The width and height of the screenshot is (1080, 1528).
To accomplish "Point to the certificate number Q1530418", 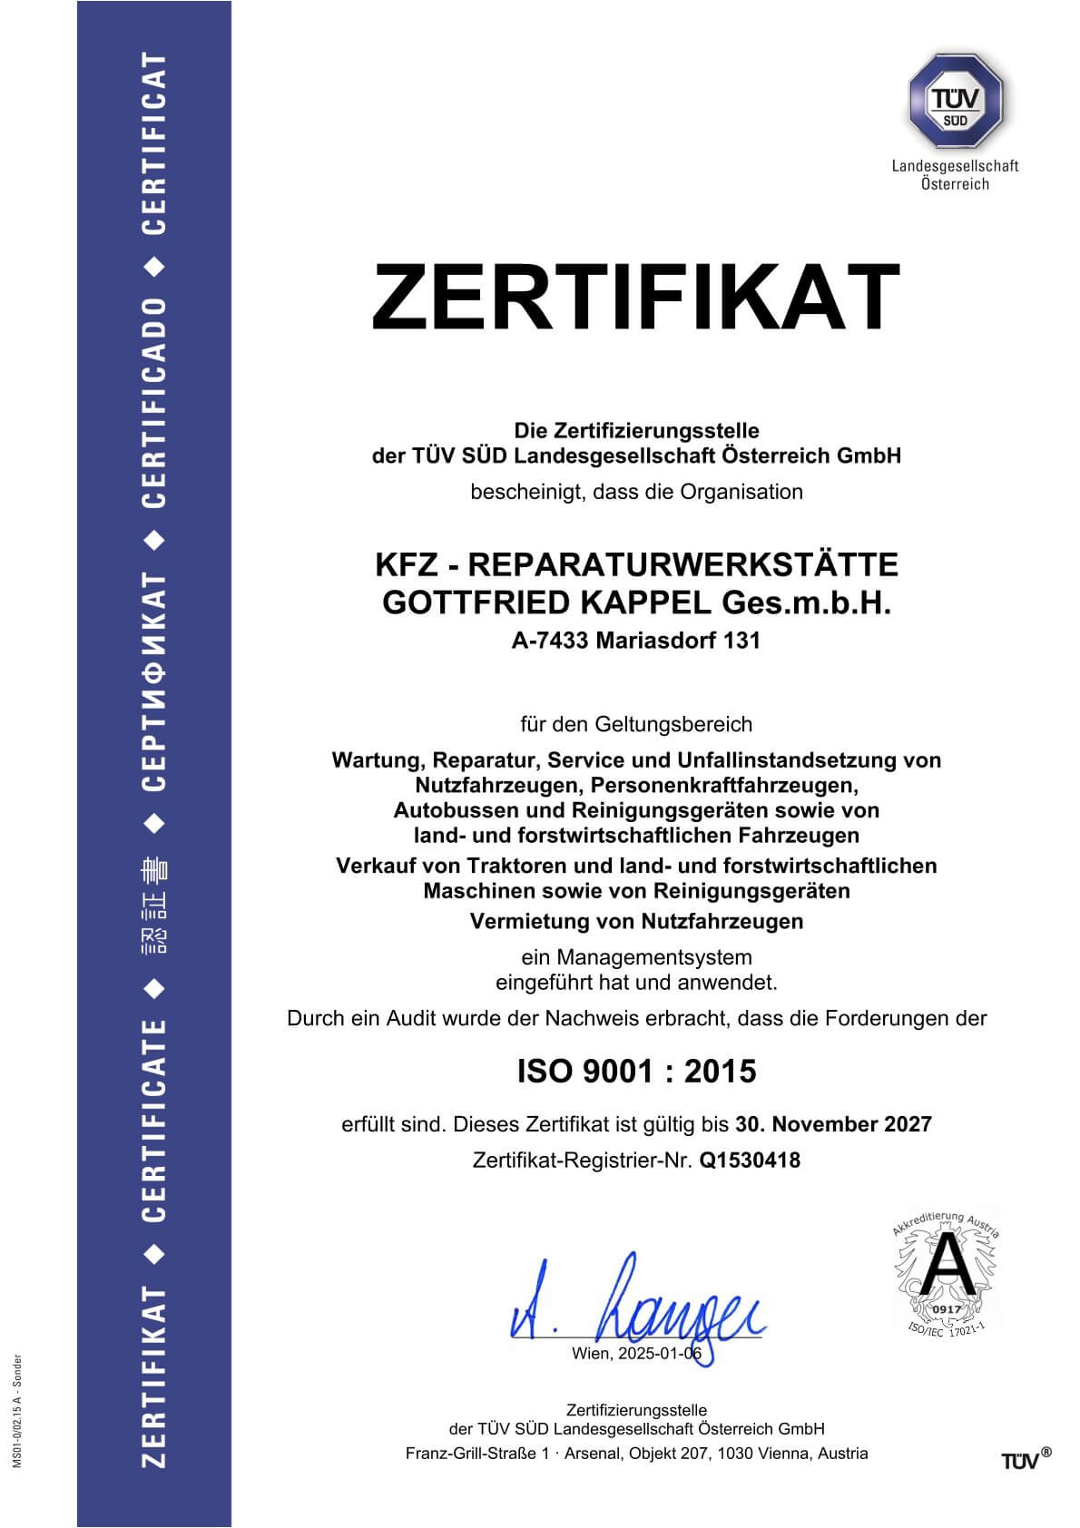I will pos(750,1160).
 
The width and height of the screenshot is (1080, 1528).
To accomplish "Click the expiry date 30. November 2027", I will pos(833,1124).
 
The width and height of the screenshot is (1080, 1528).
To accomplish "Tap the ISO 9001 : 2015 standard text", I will pos(636,1072).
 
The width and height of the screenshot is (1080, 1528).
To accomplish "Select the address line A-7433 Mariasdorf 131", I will pos(635,641).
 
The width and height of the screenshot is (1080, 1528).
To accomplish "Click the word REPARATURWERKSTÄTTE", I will pos(683,564).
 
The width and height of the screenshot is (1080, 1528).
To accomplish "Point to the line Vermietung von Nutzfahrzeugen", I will pos(636,922).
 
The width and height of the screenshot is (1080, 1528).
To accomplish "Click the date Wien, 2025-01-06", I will pos(636,1354).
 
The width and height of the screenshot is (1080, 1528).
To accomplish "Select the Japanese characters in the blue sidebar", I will pos(155,913).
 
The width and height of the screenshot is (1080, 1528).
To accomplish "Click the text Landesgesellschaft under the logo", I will pos(955,166).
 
